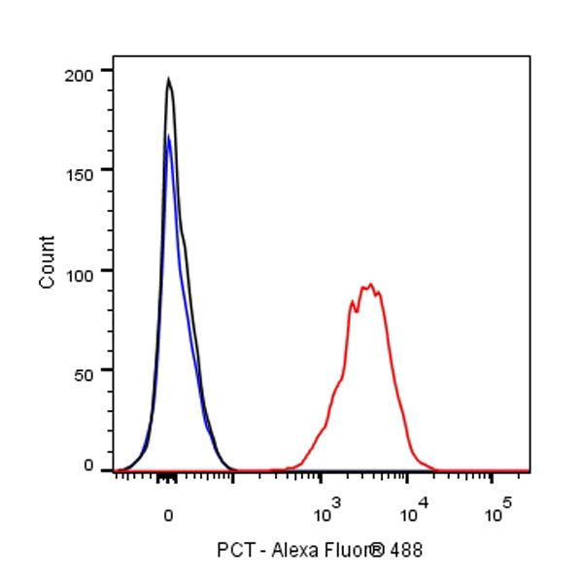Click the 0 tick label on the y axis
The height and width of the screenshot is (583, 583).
(x=88, y=467)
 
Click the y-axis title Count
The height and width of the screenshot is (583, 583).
(x=47, y=261)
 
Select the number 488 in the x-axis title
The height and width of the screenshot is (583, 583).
(x=408, y=550)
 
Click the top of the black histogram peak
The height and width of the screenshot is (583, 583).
(x=168, y=80)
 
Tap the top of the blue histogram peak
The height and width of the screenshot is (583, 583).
(x=168, y=136)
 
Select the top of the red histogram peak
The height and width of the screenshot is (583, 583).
(x=369, y=285)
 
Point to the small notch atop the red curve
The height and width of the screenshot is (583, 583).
(x=356, y=310)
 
